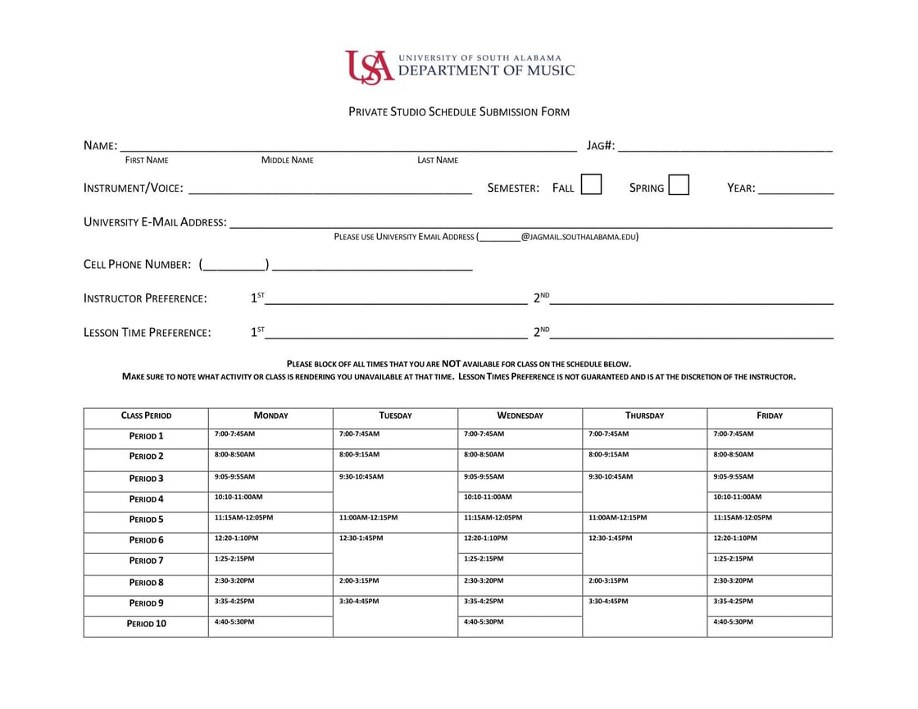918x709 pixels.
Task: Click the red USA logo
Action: tap(369, 66)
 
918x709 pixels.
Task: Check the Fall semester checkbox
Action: tap(591, 184)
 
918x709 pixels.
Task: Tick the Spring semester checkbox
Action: tap(678, 184)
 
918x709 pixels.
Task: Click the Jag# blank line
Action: tap(725, 146)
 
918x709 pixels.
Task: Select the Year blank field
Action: tap(796, 188)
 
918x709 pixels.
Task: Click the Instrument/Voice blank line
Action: tap(329, 188)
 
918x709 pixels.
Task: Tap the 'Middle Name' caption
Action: tap(287, 161)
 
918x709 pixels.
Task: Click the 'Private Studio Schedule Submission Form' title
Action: tap(459, 111)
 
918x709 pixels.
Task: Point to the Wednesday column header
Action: tap(520, 416)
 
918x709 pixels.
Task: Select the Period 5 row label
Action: tap(146, 520)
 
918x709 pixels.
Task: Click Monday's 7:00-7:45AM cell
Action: tap(270, 438)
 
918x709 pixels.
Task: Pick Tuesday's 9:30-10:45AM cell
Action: tap(395, 490)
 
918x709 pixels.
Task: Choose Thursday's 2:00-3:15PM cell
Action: tap(644, 584)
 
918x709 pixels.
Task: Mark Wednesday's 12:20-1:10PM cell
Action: tap(520, 543)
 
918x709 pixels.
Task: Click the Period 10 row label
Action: tap(146, 624)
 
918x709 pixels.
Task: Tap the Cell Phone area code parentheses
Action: tap(234, 265)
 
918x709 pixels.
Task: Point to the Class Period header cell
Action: tap(146, 416)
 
